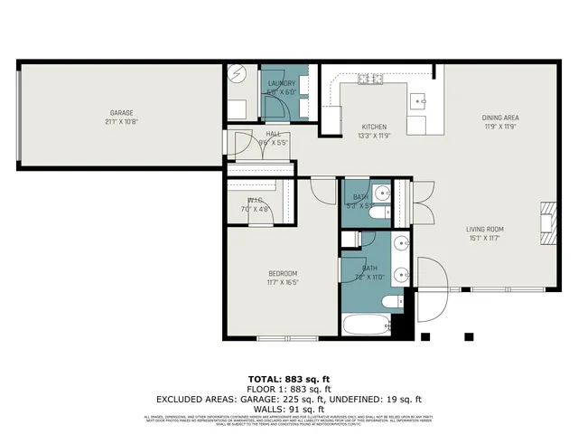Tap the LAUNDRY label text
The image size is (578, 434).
pyautogui.click(x=282, y=84)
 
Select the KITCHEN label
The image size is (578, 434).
pyautogui.click(x=375, y=127)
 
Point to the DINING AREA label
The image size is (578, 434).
pyautogui.click(x=499, y=117)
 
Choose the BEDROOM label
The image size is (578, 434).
pyautogui.click(x=282, y=273)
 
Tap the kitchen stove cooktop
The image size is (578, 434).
pyautogui.click(x=369, y=80)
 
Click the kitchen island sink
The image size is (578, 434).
pyautogui.click(x=420, y=100)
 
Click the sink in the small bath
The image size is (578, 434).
pyautogui.click(x=381, y=192)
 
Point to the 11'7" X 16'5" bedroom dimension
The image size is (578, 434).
pyautogui.click(x=282, y=282)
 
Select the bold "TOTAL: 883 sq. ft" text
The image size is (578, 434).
pyautogui.click(x=289, y=378)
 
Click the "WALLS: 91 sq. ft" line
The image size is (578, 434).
pyautogui.click(x=289, y=409)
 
